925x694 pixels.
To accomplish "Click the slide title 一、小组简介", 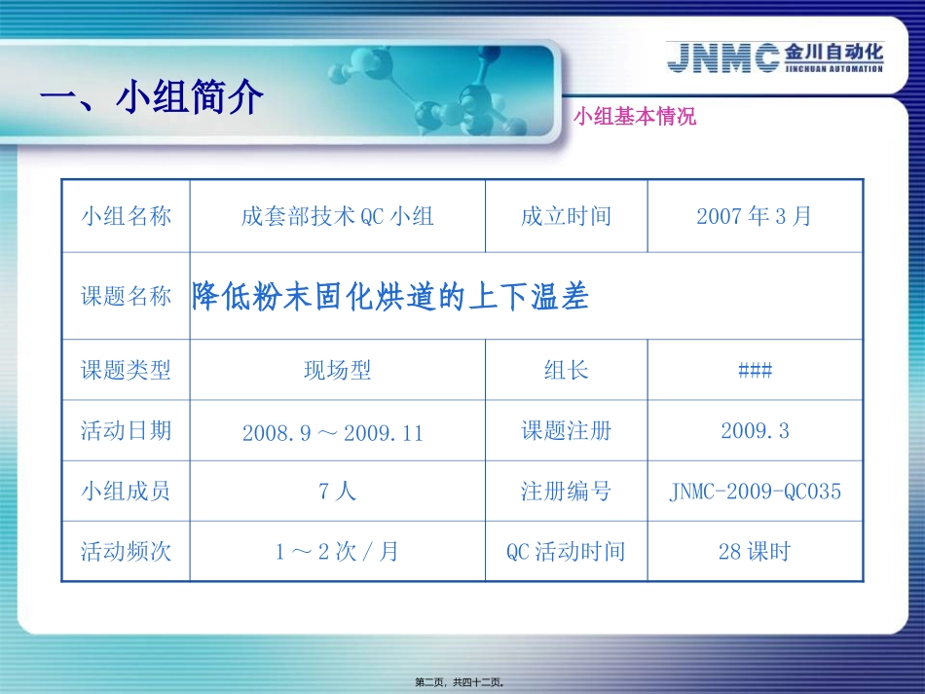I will [152, 97].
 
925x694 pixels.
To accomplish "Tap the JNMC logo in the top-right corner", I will [775, 56].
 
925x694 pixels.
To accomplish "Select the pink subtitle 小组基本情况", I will [635, 118].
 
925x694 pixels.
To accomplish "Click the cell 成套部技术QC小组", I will [337, 216].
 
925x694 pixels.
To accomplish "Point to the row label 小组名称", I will [126, 216].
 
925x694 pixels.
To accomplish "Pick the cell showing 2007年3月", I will [754, 216].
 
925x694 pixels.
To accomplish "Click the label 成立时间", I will [566, 216].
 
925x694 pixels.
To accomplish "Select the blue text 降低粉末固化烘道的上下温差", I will [390, 296].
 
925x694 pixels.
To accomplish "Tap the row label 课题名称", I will [126, 296].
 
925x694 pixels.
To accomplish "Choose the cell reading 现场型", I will [337, 370].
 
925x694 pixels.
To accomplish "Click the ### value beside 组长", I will [755, 370].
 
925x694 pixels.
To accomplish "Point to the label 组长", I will [566, 370].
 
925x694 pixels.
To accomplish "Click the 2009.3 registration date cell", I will [755, 430].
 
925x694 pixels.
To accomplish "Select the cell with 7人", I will [337, 492].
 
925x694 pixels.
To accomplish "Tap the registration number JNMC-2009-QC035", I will [755, 492].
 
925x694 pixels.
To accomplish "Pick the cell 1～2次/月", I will [337, 552].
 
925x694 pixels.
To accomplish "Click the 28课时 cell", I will [755, 552].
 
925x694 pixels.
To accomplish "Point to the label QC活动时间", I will [566, 552].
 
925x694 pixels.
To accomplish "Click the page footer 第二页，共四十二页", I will [462, 682].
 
